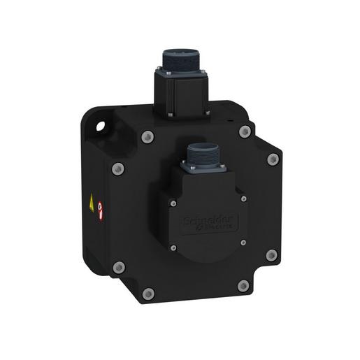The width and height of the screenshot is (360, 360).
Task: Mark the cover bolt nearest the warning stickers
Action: coord(119,167)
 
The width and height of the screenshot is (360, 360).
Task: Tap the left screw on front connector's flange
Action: coord(185,166)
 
